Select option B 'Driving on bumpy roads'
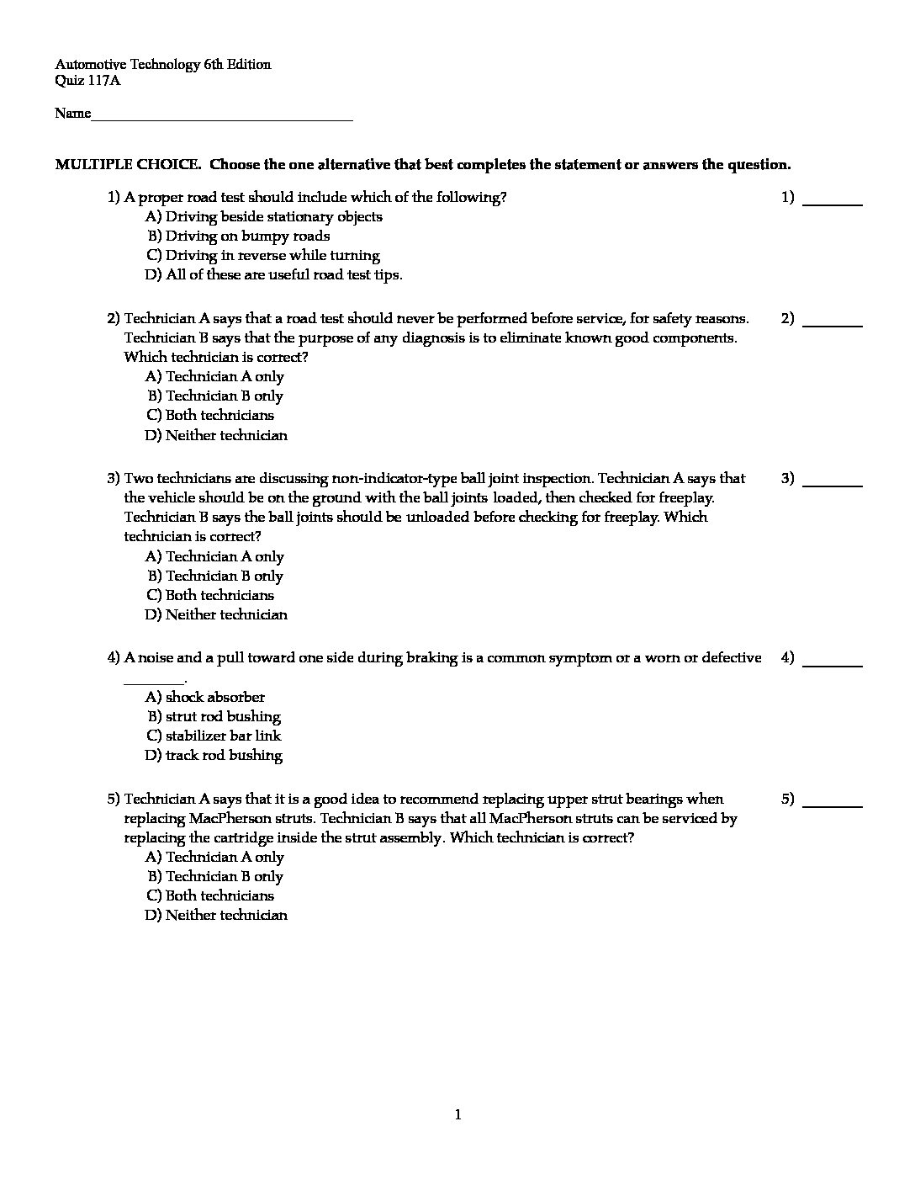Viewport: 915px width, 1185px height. [239, 236]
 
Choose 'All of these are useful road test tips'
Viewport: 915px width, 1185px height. [274, 275]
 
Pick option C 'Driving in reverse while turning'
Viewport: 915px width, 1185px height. [263, 256]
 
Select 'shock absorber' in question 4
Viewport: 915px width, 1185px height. [205, 698]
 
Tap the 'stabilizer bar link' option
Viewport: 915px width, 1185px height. [214, 736]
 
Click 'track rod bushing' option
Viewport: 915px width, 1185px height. [214, 756]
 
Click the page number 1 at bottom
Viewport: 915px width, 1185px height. [457, 1116]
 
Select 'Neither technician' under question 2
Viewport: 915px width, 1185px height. [216, 436]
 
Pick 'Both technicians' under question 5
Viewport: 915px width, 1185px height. [210, 896]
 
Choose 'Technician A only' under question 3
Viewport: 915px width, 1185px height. [214, 557]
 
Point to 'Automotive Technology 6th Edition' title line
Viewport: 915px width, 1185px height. [163, 65]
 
